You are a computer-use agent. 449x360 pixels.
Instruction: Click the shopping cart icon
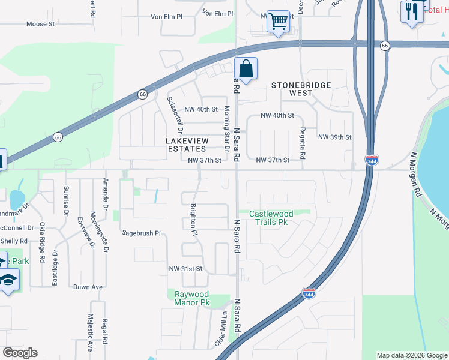pos(278,22)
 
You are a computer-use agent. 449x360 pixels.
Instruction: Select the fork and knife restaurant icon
pos(411,11)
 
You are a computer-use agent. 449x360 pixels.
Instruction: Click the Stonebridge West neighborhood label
pos(301,89)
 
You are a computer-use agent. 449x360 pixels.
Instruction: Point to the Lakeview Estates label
pos(186,144)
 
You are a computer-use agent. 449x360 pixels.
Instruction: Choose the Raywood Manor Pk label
pos(192,298)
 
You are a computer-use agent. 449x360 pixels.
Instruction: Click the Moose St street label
pos(41,24)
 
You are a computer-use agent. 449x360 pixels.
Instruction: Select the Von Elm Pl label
pos(217,13)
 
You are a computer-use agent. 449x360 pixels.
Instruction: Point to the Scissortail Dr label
pos(175,115)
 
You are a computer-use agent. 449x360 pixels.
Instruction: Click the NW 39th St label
pos(334,137)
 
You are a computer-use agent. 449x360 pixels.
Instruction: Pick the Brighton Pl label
pos(193,214)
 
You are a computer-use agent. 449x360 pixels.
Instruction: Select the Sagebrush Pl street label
pos(142,232)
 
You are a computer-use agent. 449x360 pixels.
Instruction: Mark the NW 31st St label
pos(186,268)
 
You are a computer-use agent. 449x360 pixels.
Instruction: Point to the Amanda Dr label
pos(106,190)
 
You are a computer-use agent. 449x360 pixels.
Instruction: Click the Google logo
pos(20,353)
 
